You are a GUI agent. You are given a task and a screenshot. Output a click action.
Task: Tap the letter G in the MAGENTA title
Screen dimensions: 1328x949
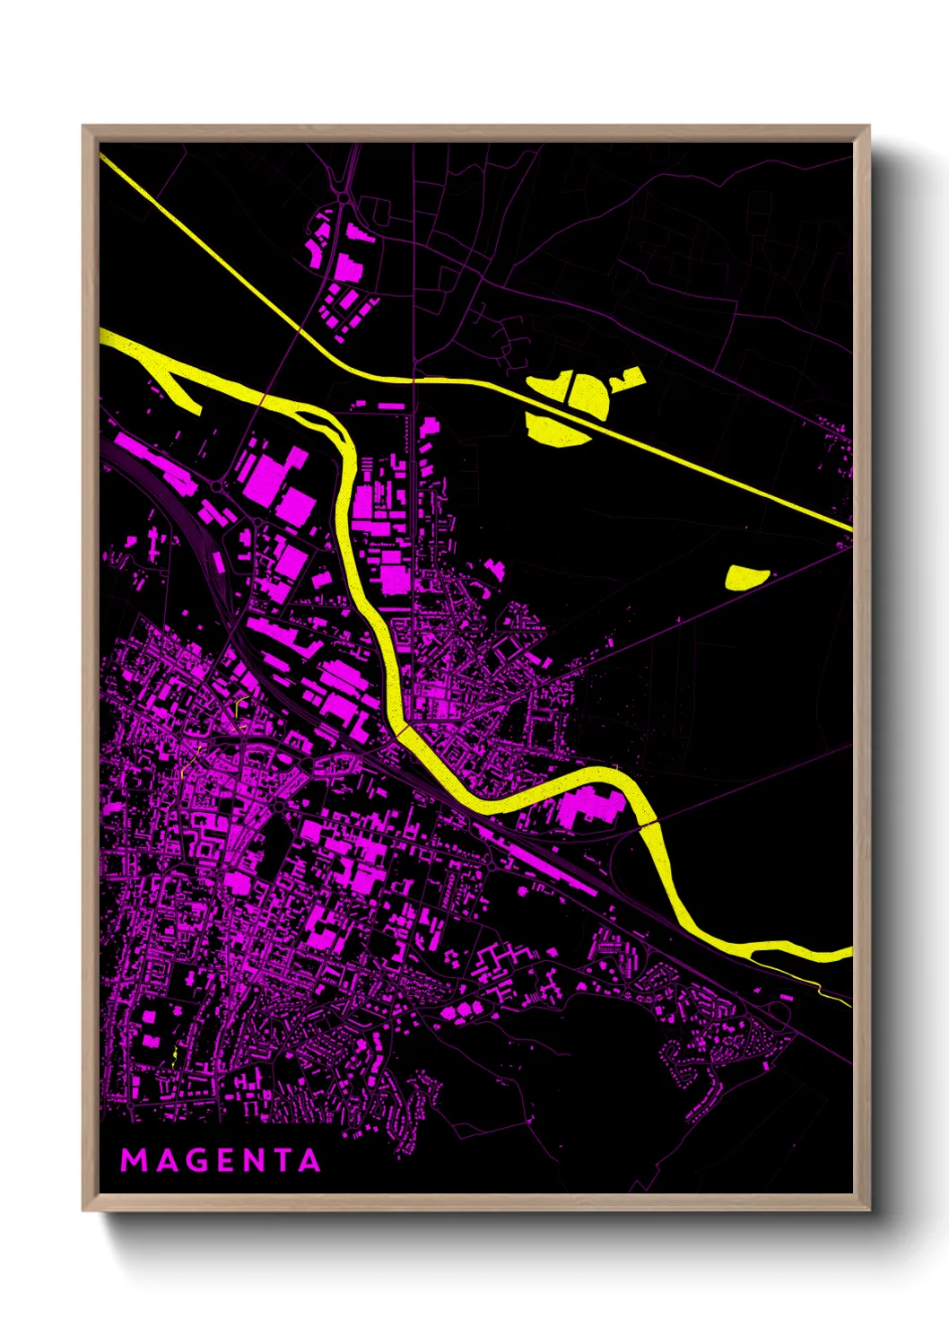click(193, 1160)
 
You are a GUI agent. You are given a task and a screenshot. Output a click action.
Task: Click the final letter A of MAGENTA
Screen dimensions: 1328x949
click(309, 1160)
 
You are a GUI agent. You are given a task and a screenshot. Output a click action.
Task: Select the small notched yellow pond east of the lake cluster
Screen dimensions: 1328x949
click(628, 378)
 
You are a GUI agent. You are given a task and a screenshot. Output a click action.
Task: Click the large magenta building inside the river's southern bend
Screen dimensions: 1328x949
click(590, 806)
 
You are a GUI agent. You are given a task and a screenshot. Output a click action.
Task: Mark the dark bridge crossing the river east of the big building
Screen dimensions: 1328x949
click(648, 823)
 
